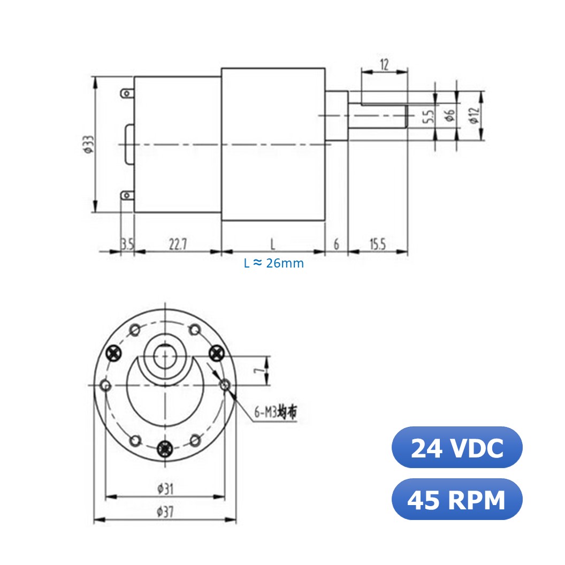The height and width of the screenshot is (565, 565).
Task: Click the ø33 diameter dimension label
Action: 88,144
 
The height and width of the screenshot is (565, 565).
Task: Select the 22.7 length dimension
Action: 178,245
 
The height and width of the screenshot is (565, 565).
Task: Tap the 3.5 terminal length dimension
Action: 127,245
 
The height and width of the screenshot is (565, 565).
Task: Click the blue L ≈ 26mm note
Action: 273,263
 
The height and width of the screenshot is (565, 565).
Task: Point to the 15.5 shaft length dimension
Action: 377,245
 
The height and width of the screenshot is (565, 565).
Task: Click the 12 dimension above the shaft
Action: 384,65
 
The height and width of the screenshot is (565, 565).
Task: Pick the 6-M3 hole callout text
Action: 275,413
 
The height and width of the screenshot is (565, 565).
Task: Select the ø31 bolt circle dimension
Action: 165,488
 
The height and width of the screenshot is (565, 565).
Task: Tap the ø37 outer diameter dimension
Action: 165,511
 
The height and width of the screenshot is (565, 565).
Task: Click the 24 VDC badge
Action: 456,448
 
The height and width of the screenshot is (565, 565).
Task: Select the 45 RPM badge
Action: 456,500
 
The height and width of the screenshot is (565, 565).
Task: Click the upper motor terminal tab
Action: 126,94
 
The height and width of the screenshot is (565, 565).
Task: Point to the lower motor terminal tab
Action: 126,196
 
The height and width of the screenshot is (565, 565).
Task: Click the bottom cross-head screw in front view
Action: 166,447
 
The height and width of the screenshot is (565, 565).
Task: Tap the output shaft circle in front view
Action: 165,356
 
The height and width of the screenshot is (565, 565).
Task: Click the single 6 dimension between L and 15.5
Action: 336,245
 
